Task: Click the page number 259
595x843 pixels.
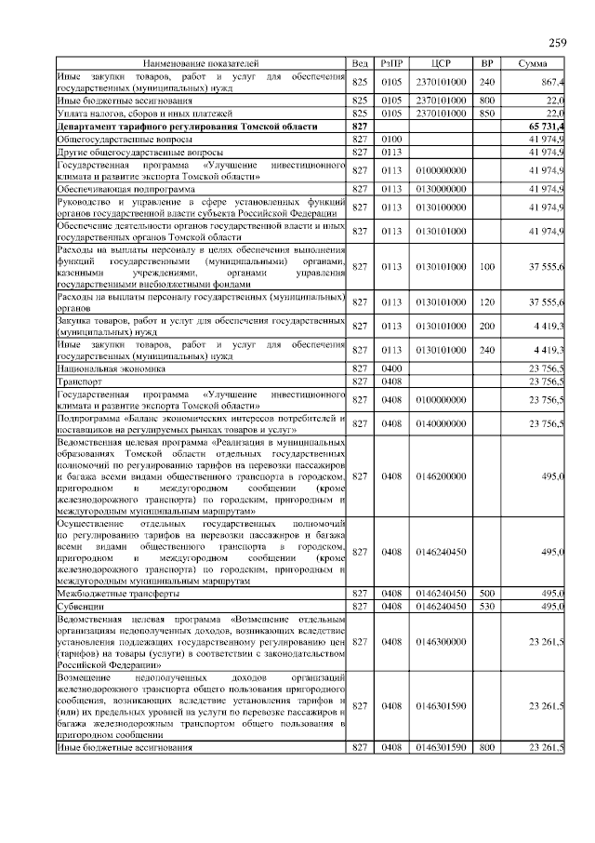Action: [557, 42]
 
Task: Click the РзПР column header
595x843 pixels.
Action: [390, 62]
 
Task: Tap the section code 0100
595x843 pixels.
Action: [390, 138]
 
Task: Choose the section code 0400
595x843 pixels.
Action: [390, 368]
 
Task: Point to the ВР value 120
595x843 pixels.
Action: [486, 302]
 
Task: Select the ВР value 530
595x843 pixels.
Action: [486, 605]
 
